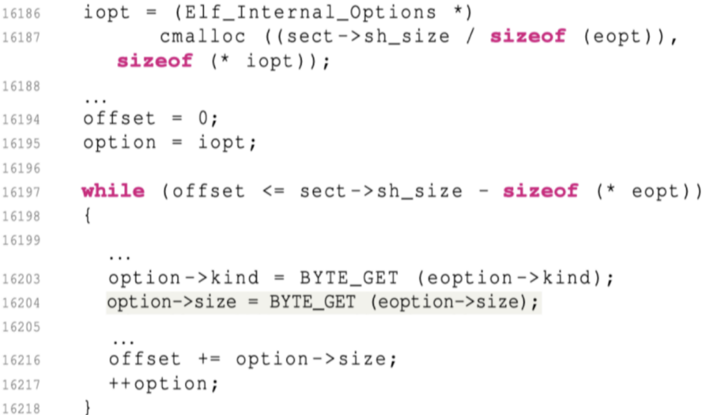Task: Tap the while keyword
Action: (x=113, y=191)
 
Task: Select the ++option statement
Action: (x=163, y=383)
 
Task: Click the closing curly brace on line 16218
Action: (x=88, y=407)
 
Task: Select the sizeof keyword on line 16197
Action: (x=540, y=191)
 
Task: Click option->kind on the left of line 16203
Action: (x=183, y=278)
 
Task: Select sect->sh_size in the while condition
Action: (x=381, y=191)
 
